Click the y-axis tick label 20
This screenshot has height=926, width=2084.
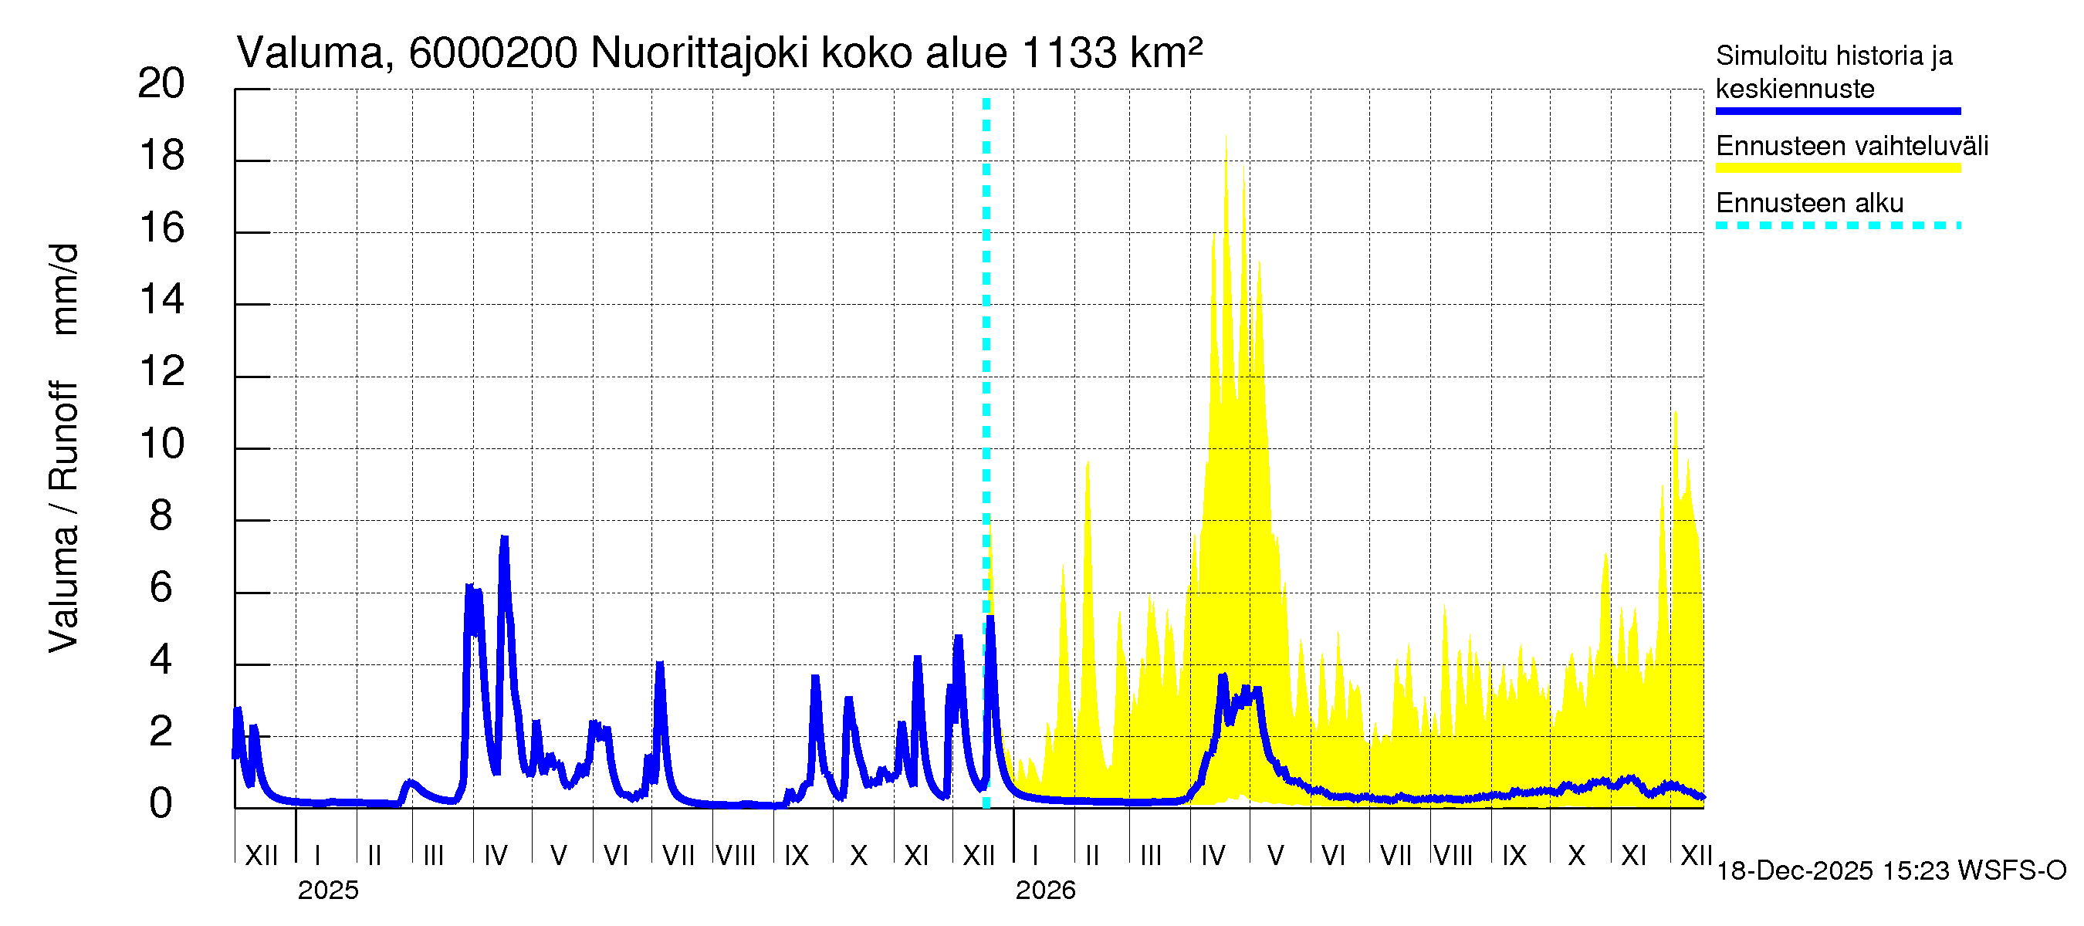(x=161, y=84)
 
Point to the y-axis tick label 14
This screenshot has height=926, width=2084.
(x=161, y=300)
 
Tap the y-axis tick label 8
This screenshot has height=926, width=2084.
(x=161, y=516)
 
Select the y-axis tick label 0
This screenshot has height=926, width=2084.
(x=161, y=804)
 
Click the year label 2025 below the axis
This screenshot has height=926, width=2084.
(x=327, y=891)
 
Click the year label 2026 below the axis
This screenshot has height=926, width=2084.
(x=1045, y=891)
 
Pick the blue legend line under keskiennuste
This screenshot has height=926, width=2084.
(x=1837, y=111)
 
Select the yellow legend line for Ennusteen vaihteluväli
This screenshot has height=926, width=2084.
(x=1837, y=168)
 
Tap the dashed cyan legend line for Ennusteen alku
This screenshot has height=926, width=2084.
(x=1837, y=225)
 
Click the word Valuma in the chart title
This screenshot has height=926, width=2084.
(x=310, y=53)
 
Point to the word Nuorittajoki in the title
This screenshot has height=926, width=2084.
(x=700, y=53)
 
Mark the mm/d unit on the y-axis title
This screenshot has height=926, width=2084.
(x=65, y=289)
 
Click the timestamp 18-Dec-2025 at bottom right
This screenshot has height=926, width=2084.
(x=1795, y=871)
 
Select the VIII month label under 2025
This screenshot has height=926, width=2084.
(x=736, y=855)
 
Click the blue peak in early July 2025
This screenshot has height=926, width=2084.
(x=660, y=664)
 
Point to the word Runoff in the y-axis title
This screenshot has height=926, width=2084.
(x=65, y=437)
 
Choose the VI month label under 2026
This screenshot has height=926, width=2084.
(x=1332, y=855)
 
